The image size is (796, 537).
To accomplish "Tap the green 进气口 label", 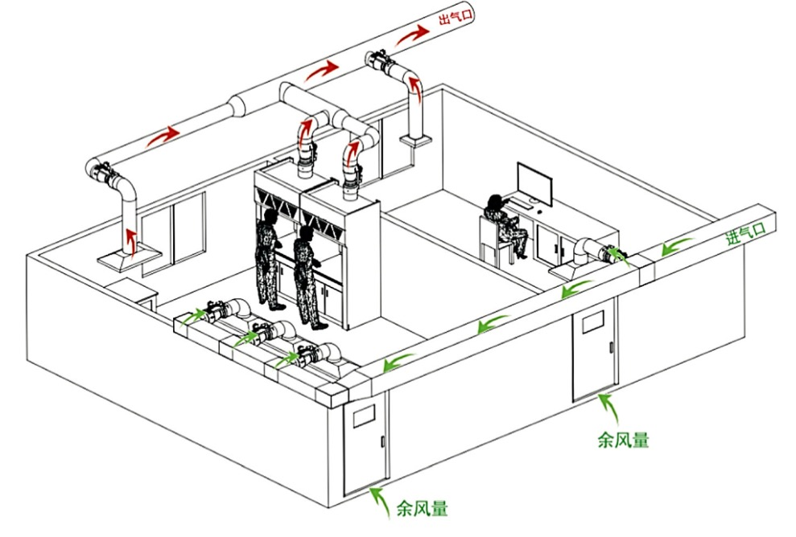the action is point(745,234).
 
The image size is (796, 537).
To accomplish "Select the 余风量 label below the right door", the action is point(624,440).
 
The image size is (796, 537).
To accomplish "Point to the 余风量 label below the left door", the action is point(423,507).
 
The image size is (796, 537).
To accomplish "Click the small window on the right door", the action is point(592,322).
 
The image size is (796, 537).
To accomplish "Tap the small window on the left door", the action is point(364,416).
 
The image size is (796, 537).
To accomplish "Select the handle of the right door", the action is point(611,348).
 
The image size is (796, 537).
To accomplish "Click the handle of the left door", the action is point(382,441).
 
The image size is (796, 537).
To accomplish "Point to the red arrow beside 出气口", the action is point(413,35).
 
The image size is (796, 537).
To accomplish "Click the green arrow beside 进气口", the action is point(677,246).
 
